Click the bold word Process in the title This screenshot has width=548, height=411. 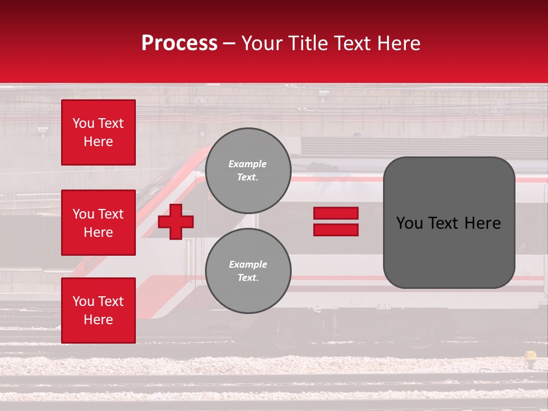(x=179, y=43)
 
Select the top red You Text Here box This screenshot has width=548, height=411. (x=98, y=132)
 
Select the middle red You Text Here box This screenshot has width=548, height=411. (x=98, y=223)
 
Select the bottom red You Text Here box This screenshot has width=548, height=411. (x=98, y=310)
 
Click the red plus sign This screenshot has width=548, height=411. (x=176, y=221)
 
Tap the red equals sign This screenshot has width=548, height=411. (x=336, y=221)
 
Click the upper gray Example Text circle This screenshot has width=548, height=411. (x=248, y=171)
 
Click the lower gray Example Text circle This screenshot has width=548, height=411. (x=248, y=271)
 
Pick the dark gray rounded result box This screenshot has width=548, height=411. (x=449, y=223)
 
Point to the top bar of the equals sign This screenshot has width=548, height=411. (x=336, y=213)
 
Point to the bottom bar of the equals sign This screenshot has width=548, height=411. (x=336, y=229)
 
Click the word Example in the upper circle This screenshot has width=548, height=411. (x=248, y=164)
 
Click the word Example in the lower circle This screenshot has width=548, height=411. (x=248, y=264)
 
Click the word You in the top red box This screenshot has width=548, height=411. (x=83, y=123)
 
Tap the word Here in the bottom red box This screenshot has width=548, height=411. (x=98, y=320)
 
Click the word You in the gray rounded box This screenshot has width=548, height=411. (x=409, y=223)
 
